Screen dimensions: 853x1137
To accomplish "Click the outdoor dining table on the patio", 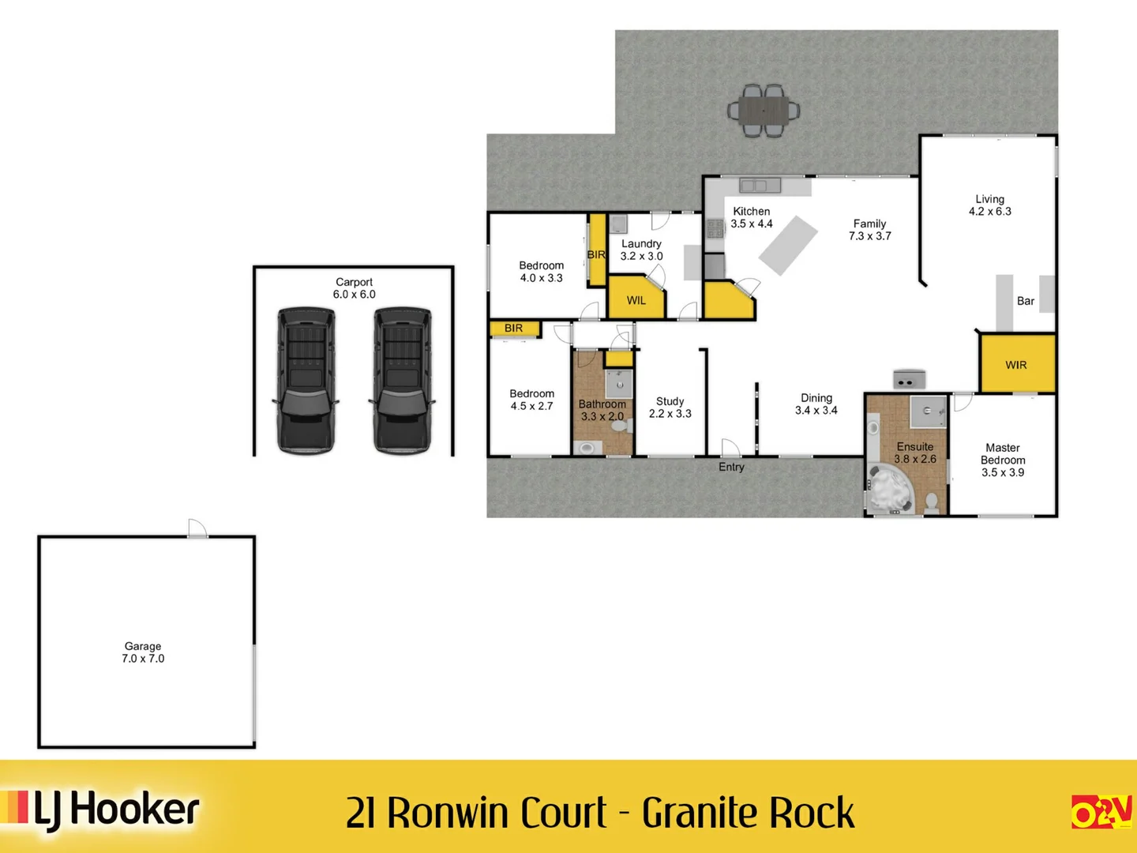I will coord(764,111).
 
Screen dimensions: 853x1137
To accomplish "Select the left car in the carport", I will coord(306,380).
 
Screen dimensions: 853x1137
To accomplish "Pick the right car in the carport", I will coord(403,380).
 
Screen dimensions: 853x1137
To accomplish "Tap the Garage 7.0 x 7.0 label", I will coord(143,652).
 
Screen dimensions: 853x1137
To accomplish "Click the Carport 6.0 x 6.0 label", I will coord(354,288).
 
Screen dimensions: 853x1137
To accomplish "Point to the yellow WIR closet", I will coord(1016,364).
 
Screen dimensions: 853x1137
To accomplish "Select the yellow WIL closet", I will coord(636,299).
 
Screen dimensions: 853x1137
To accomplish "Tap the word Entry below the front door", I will coord(731,467).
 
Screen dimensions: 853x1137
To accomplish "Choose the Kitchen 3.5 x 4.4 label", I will coord(752,217).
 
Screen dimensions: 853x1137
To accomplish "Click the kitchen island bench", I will coord(788,246).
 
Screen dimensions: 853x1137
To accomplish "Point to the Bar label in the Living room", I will coord(1025,301).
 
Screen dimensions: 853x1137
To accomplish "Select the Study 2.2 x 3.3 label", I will coord(670,408).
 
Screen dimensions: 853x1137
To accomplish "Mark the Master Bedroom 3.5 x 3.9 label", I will coord(1003,460).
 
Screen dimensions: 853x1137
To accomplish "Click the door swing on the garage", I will coord(197,528).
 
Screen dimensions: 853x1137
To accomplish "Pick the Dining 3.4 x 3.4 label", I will coord(816,404).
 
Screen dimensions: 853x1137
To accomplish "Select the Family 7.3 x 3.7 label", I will coord(870,230).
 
